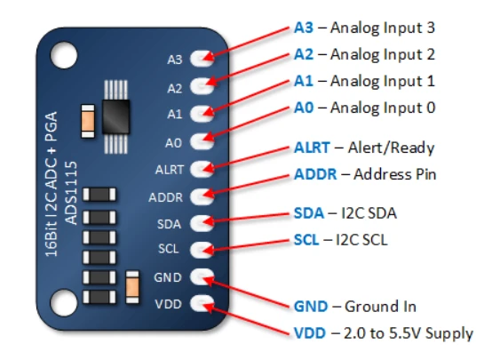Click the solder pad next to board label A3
tap(202, 58)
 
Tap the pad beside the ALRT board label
tap(202, 169)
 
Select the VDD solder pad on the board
tap(202, 303)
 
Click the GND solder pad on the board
tap(202, 276)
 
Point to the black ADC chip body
tap(115, 116)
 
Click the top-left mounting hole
tap(64, 55)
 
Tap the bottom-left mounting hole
tap(64, 303)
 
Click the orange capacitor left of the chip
tap(88, 121)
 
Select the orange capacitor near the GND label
tap(132, 287)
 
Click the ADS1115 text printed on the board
tap(71, 193)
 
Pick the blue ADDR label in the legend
tap(315, 174)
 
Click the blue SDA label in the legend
tap(309, 213)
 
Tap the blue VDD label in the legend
tap(310, 333)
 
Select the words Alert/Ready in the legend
tap(392, 148)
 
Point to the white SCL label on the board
tap(169, 249)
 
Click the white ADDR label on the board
tap(166, 197)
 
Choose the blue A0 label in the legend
tap(304, 108)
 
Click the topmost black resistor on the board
tap(99, 195)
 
